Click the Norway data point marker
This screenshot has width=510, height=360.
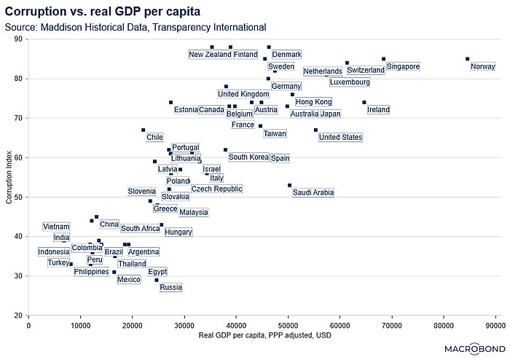click(467, 59)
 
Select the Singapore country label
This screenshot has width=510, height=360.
click(403, 67)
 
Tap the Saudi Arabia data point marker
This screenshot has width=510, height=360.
click(289, 185)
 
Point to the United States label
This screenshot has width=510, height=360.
click(340, 137)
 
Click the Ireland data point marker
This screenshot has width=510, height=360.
click(364, 102)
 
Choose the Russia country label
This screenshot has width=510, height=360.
click(170, 288)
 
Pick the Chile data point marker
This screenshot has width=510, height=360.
click(143, 130)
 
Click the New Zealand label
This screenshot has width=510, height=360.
click(210, 55)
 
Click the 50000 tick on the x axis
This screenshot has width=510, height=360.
click(288, 325)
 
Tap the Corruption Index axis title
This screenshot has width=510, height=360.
click(9, 177)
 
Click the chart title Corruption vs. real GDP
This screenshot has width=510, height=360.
click(102, 12)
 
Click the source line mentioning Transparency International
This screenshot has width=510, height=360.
click(135, 27)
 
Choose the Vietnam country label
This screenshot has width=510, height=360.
click(56, 227)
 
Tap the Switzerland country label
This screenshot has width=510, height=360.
click(366, 71)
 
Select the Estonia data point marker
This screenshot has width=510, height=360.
click(170, 102)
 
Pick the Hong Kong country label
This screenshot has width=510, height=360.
click(313, 102)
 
